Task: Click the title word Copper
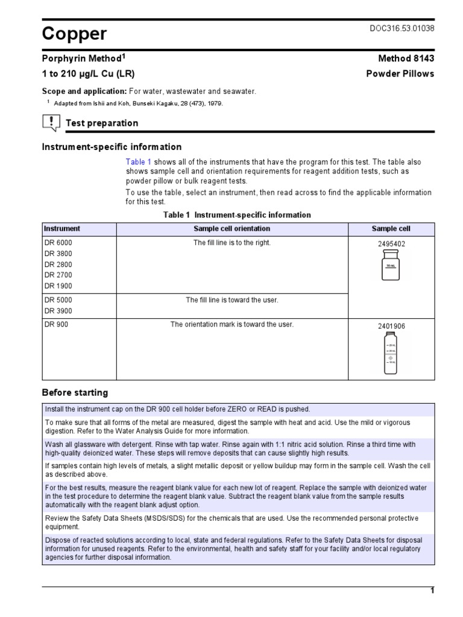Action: click(x=74, y=34)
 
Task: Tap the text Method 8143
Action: click(x=406, y=58)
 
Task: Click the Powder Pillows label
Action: click(x=400, y=74)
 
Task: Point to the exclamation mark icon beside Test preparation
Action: click(x=51, y=123)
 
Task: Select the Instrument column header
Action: click(x=61, y=229)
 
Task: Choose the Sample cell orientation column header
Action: click(x=231, y=229)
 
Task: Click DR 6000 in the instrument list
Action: click(x=58, y=243)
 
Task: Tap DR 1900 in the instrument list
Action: click(x=58, y=286)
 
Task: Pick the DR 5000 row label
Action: click(x=58, y=300)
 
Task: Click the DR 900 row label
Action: click(x=56, y=325)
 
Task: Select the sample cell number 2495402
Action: click(x=391, y=244)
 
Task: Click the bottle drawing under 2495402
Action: click(x=391, y=266)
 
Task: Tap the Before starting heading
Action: click(x=75, y=393)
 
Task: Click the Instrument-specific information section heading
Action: click(x=112, y=147)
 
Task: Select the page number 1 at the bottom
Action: click(x=432, y=591)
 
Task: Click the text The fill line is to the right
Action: click(x=231, y=243)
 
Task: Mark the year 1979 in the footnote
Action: click(x=213, y=104)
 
